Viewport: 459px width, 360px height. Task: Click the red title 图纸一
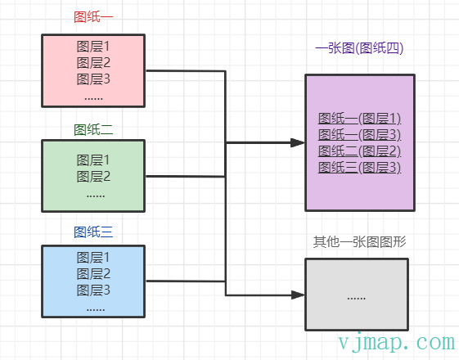pos(93,17)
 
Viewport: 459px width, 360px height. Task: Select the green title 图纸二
pos(93,129)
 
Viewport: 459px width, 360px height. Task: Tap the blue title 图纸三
pos(93,232)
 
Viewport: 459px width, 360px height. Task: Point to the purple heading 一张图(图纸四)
pos(359,48)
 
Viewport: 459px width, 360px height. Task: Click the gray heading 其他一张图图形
pos(360,242)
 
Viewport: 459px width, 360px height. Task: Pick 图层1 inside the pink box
pos(93,47)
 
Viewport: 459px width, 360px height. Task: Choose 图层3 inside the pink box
pos(93,79)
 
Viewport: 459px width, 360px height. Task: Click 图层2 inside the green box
pos(93,177)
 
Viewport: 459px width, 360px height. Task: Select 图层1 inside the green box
pos(93,160)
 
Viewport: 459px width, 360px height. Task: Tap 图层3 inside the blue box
pos(93,290)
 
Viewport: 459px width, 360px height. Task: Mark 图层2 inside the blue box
pos(93,273)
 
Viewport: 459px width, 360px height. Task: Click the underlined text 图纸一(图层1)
pos(360,119)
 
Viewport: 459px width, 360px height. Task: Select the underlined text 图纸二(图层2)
pos(360,151)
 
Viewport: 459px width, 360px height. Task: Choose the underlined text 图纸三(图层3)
pos(360,168)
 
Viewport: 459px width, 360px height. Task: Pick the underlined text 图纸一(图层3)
pos(360,135)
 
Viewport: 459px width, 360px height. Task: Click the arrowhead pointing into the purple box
pos(298,143)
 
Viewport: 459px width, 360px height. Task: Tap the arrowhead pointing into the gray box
pos(298,295)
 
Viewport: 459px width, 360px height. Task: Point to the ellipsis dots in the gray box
pos(356,299)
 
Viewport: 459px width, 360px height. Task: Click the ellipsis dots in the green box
pos(96,196)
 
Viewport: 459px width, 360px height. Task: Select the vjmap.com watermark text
pos(397,342)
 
